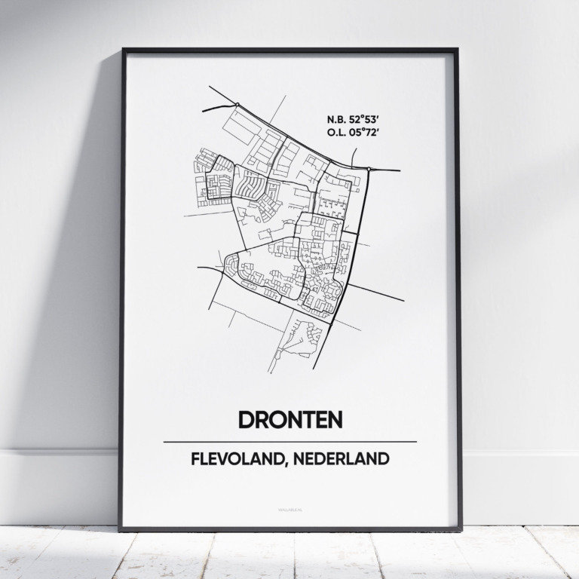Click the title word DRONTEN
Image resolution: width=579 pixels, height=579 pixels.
click(x=289, y=419)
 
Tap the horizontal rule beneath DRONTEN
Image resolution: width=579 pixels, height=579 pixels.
click(x=289, y=441)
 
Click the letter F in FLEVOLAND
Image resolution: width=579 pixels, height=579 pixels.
click(x=195, y=458)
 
